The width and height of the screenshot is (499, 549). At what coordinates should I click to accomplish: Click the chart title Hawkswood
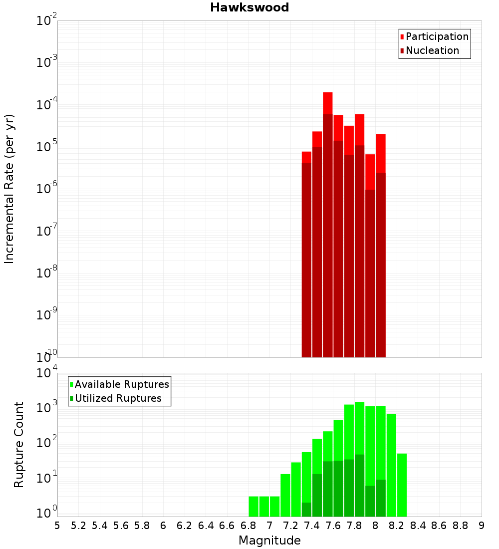pyautogui.click(x=249, y=7)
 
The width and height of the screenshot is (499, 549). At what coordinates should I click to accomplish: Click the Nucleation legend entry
pyautogui.click(x=432, y=50)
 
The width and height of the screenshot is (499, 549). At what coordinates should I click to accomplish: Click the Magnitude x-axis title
pyautogui.click(x=269, y=541)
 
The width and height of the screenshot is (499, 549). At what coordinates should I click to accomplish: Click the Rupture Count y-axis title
pyautogui.click(x=19, y=444)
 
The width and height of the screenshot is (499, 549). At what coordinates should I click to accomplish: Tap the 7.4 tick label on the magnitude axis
pyautogui.click(x=312, y=525)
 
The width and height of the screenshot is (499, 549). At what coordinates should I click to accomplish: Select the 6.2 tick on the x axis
pyautogui.click(x=185, y=525)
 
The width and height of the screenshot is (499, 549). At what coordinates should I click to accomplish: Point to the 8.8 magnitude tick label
pyautogui.click(x=460, y=525)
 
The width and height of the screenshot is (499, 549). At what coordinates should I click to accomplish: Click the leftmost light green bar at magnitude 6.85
pyautogui.click(x=253, y=506)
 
